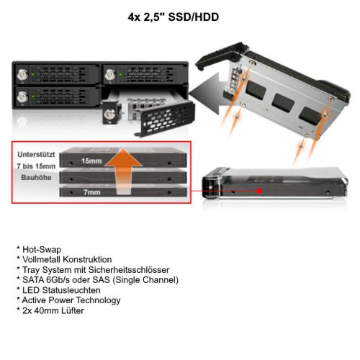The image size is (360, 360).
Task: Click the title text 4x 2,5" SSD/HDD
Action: pos(174,17)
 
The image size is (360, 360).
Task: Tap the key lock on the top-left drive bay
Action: pos(22,75)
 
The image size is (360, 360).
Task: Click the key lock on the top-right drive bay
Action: pos(110,75)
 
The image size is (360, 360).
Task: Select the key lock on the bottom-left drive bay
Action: pos(22,97)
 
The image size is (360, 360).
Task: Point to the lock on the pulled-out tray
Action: pos(109,114)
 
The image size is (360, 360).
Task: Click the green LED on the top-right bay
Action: pos(121,75)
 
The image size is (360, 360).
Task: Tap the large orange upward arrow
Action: pos(123,171)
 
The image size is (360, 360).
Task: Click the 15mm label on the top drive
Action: pos(91,161)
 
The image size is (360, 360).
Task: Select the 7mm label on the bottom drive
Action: pos(92,192)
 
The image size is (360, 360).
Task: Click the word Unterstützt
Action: pos(36,154)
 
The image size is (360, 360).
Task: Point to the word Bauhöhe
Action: pos(36,178)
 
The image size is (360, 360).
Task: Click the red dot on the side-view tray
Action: pos(259,191)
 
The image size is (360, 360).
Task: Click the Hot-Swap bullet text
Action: pos(39,250)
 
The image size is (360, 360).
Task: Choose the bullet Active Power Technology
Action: pos(69,300)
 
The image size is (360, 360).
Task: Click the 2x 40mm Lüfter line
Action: pos(50,311)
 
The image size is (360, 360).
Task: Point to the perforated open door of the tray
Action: pos(166,119)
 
